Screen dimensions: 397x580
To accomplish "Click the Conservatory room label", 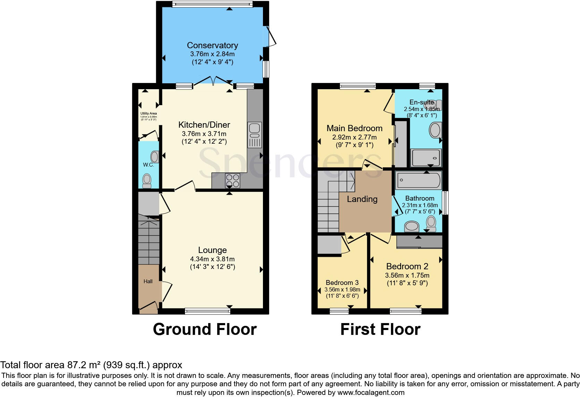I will click(x=212, y=45).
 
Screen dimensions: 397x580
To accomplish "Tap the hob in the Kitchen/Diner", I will click(x=232, y=180).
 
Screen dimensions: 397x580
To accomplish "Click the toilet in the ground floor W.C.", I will click(x=147, y=180).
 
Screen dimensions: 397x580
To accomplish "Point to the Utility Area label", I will click(x=148, y=113).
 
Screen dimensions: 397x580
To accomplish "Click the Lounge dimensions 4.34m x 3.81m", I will click(x=212, y=259).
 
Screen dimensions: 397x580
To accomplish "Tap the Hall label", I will click(x=148, y=281).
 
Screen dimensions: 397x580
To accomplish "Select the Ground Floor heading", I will click(x=205, y=329).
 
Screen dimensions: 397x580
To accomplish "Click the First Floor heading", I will click(x=380, y=329).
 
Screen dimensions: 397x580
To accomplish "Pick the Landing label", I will click(x=362, y=199).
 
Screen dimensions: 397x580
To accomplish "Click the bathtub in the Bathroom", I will click(x=419, y=180).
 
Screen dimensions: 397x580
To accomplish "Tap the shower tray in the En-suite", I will click(x=426, y=158).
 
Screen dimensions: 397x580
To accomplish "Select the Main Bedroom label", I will click(x=355, y=128).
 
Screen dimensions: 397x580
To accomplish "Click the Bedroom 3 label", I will click(x=342, y=283).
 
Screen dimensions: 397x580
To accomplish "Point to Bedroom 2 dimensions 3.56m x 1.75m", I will click(x=407, y=275).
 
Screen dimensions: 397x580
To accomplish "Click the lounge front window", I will click(x=207, y=311).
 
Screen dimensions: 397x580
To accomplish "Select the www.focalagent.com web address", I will click(x=370, y=393).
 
